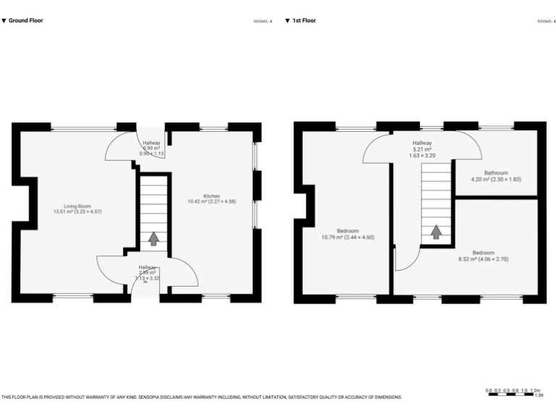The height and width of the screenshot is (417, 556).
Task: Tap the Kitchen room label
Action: pos(211,196)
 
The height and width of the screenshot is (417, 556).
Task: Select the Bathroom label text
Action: pos(496,173)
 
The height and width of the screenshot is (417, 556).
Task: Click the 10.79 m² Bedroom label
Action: pos(347,231)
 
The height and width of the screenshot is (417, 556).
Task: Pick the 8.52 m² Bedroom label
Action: pos(483,253)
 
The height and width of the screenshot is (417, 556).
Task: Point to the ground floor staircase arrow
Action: pos(153,238)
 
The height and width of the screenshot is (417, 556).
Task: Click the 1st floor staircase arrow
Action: pos(437,232)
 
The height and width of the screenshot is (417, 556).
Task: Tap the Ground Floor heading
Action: pos(25,21)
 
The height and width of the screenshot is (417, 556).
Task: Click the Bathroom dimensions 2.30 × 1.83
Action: pos(505,179)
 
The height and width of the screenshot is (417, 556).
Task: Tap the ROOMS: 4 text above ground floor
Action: pos(263,22)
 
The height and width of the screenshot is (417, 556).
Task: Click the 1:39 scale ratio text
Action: pos(538,395)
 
